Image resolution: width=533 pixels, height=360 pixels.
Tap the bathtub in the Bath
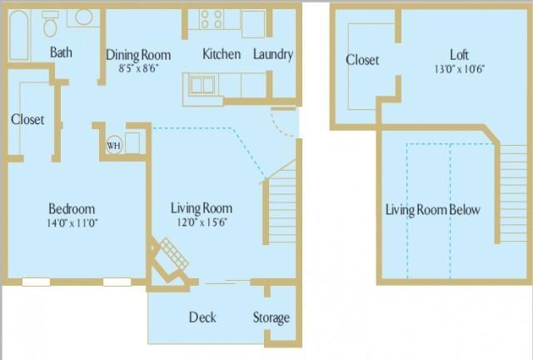pyautogui.click(x=19, y=35)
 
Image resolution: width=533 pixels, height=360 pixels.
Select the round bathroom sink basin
pyautogui.click(x=83, y=17)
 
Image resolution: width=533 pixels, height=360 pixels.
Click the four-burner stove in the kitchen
pyautogui.click(x=211, y=19)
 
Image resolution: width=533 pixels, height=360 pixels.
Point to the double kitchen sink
pyautogui.click(x=202, y=85)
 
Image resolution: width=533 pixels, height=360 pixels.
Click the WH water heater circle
pyautogui.click(x=113, y=146)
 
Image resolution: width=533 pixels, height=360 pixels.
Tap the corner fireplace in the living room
pyautogui.click(x=169, y=260)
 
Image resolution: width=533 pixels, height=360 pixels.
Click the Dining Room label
pyautogui.click(x=138, y=55)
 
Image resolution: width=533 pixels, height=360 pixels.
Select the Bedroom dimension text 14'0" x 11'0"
pyautogui.click(x=72, y=223)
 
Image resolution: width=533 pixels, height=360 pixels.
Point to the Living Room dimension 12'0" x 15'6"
pyautogui.click(x=202, y=222)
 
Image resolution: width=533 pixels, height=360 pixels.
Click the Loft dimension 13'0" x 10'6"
pyautogui.click(x=459, y=69)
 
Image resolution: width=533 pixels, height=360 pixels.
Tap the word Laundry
pyautogui.click(x=273, y=54)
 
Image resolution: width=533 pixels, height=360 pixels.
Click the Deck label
pyautogui.click(x=202, y=317)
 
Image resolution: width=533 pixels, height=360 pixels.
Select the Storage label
pyautogui.click(x=271, y=317)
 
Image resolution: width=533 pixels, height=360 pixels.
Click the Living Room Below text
pyautogui.click(x=433, y=210)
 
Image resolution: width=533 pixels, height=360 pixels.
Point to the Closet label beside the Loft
pyautogui.click(x=362, y=60)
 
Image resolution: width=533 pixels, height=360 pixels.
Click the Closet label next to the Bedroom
pyautogui.click(x=27, y=119)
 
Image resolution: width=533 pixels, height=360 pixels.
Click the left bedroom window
pyautogui.click(x=36, y=282)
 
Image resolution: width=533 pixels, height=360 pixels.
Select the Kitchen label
pyautogui.click(x=222, y=54)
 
